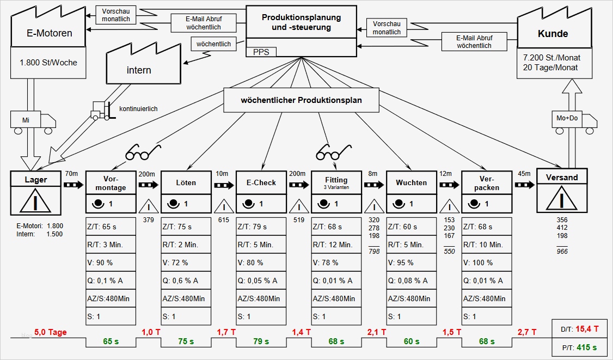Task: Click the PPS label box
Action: [x=261, y=52]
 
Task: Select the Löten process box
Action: [x=186, y=182]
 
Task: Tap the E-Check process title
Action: [x=261, y=182]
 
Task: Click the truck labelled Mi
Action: [x=33, y=121]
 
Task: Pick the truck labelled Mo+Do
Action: [x=574, y=121]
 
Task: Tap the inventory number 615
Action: [x=223, y=220]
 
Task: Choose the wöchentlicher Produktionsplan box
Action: [x=301, y=100]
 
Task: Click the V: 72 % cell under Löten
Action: [x=186, y=263]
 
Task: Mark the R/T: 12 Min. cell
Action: [x=336, y=245]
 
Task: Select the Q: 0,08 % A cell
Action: [x=412, y=280]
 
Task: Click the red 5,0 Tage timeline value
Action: [x=50, y=332]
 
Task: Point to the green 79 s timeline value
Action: [x=261, y=341]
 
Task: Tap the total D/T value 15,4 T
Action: [x=588, y=328]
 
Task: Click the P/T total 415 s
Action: [x=587, y=347]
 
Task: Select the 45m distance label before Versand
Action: [x=524, y=174]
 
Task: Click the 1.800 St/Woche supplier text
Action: [x=48, y=62]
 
